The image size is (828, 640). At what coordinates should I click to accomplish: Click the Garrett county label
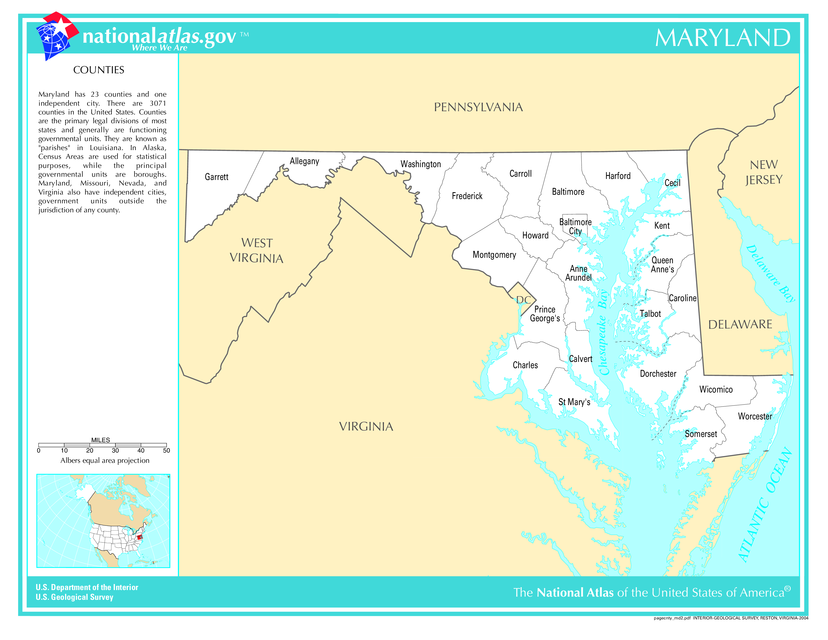(x=217, y=177)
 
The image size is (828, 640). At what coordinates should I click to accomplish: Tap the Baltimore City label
(x=575, y=227)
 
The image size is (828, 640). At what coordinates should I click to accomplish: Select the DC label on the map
(x=524, y=300)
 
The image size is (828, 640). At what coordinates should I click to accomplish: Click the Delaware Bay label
(x=770, y=273)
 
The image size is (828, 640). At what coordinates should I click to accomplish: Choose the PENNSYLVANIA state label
(x=478, y=107)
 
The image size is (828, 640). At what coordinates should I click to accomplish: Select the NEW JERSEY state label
(x=764, y=172)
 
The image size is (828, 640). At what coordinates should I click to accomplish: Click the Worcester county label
(x=755, y=416)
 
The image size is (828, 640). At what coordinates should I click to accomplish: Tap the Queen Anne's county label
(x=662, y=265)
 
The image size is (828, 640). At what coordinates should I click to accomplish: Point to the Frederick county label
(x=467, y=196)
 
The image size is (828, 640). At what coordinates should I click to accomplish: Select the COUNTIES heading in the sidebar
(x=99, y=70)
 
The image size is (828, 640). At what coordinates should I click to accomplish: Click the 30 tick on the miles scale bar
(x=115, y=451)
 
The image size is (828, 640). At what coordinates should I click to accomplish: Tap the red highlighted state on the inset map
(x=140, y=537)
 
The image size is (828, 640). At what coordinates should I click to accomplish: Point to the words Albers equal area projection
(x=105, y=460)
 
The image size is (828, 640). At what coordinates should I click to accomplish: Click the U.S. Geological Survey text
(x=74, y=597)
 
